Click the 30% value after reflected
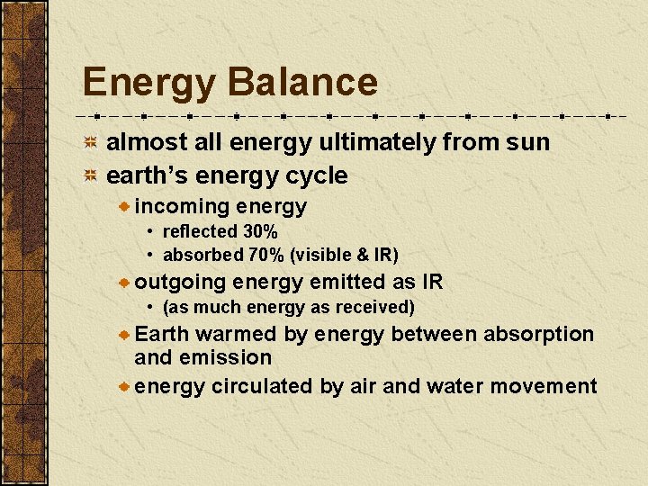pyautogui.click(x=260, y=232)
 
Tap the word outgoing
pyautogui.click(x=180, y=283)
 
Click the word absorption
pyautogui.click(x=538, y=334)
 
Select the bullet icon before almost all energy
pyautogui.click(x=91, y=143)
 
